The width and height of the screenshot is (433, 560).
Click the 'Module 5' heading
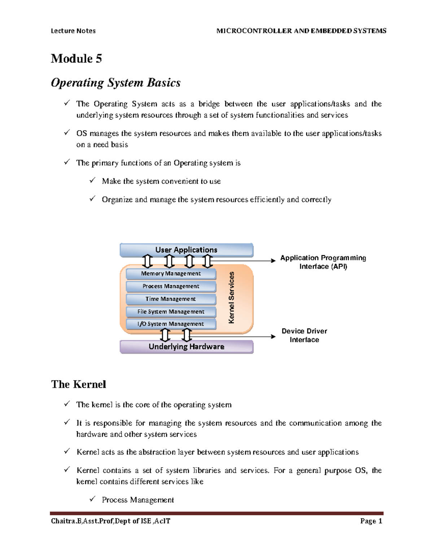click(x=76, y=58)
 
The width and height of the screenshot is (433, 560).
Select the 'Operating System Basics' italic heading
click(x=115, y=83)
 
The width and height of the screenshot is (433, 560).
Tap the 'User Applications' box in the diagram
click(x=186, y=250)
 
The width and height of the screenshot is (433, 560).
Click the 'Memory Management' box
click(x=171, y=274)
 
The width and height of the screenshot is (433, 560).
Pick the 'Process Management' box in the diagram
click(x=171, y=286)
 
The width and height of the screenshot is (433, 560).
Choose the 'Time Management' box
click(x=171, y=299)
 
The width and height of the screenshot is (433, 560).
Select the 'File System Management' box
click(x=171, y=312)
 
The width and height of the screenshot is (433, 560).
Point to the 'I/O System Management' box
click(x=171, y=324)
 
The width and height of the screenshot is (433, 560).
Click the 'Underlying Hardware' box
click(x=186, y=347)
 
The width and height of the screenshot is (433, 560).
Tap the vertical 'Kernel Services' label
click(x=232, y=297)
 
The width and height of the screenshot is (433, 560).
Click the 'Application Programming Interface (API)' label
click(x=323, y=262)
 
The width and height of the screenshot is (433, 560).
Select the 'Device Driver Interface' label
click(x=304, y=335)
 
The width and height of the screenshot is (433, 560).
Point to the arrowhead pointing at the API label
click(x=273, y=260)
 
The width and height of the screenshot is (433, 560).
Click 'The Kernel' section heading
click(x=78, y=384)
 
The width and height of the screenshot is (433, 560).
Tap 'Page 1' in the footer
click(x=371, y=521)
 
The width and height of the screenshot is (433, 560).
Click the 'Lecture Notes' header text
click(x=73, y=31)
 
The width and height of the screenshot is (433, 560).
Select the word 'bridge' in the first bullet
click(x=209, y=104)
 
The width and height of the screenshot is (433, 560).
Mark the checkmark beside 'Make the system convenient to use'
click(x=93, y=180)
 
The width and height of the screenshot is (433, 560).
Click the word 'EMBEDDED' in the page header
click(x=328, y=31)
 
